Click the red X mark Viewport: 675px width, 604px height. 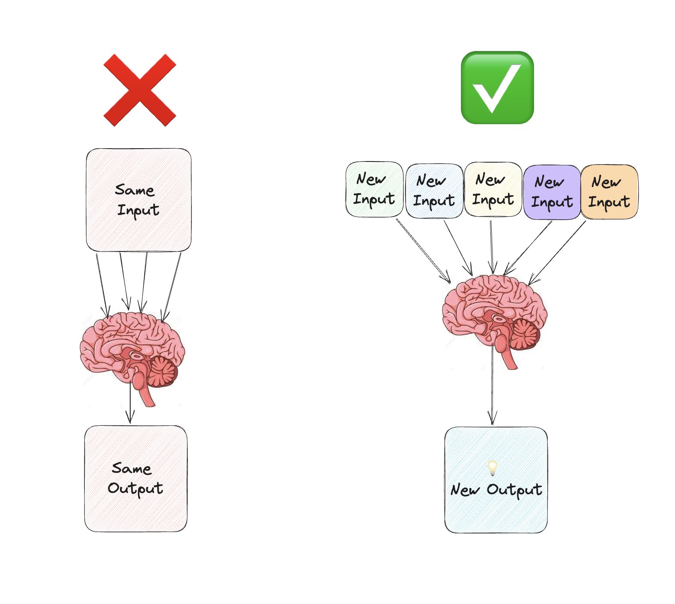pos(140,90)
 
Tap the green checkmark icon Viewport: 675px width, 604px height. pos(497,88)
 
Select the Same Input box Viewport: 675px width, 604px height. pos(138,200)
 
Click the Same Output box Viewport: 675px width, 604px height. pos(136,478)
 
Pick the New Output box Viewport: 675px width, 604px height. pos(496,480)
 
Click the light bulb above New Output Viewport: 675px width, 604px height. pos(493,467)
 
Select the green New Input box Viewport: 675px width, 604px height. pos(374,189)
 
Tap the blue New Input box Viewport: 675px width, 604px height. pos(434,191)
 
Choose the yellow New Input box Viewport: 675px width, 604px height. pos(493,189)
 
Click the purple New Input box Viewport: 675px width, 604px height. pos(552,192)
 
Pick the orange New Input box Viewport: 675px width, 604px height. pos(609,191)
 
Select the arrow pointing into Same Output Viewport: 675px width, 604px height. pos(130,403)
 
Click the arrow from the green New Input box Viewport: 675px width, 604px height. pos(423,251)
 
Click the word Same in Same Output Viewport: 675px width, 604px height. pos(131,468)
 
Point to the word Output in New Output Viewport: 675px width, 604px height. pos(514,490)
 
